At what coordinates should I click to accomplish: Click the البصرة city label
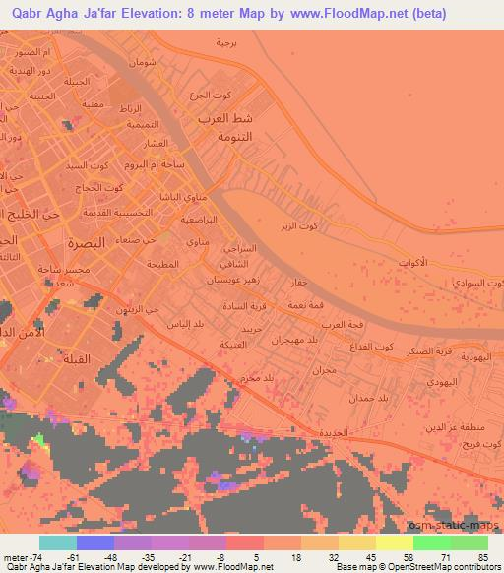coord(86,242)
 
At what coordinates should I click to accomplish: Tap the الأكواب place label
coord(412,263)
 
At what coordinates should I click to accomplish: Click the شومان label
coord(143,62)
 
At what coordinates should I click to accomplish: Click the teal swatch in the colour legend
coord(57,542)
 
